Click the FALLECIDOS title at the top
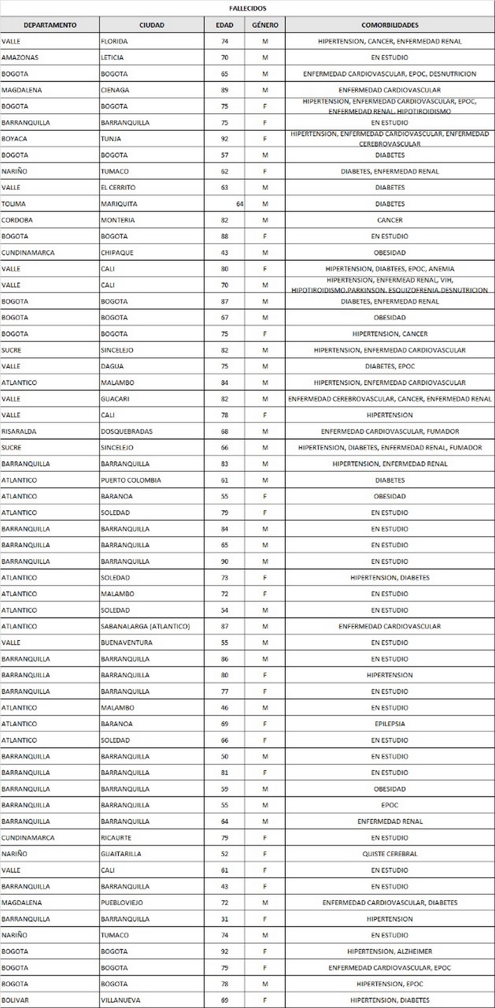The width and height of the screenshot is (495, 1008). click(x=247, y=8)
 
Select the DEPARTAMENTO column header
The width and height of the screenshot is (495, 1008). click(x=50, y=25)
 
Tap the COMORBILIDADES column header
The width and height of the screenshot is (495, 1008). click(x=390, y=25)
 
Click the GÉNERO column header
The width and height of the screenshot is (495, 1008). click(x=265, y=25)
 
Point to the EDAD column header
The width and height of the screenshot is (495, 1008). click(x=225, y=25)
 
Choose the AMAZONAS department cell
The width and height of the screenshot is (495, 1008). click(x=21, y=58)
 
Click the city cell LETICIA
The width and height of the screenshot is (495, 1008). click(x=112, y=58)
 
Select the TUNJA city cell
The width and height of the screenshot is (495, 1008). click(x=111, y=139)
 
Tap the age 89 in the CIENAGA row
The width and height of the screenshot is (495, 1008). click(x=225, y=90)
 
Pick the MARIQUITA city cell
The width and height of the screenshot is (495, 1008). click(x=119, y=204)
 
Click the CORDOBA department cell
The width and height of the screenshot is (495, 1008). click(x=18, y=220)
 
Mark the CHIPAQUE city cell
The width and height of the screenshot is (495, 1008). click(x=117, y=252)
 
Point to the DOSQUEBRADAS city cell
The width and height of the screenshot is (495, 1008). click(x=127, y=431)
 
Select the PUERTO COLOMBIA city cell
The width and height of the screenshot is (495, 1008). click(x=131, y=480)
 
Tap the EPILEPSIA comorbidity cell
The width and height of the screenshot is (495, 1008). click(x=390, y=724)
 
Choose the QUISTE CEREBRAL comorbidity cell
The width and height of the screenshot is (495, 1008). click(x=390, y=853)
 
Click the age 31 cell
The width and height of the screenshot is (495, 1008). click(x=225, y=919)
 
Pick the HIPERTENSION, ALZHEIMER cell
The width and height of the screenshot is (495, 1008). click(x=390, y=951)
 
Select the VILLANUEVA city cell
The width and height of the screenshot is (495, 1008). click(x=121, y=1000)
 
